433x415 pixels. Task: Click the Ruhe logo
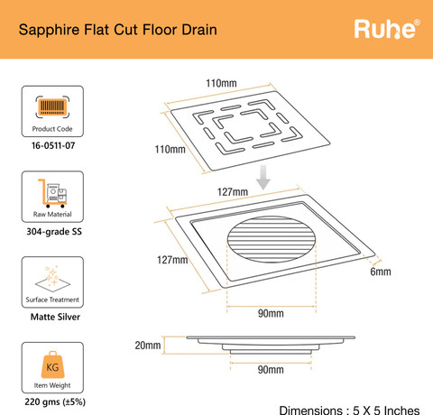pos(387,29)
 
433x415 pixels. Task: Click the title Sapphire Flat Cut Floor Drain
pos(118,30)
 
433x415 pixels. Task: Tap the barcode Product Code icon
pos(52,106)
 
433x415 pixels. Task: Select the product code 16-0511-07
pos(53,145)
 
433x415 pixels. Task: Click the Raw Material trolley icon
pos(52,193)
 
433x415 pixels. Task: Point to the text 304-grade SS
pos(54,232)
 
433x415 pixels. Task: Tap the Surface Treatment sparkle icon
pos(52,279)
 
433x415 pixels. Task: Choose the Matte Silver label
pos(55,317)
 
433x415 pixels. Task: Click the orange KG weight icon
pos(52,364)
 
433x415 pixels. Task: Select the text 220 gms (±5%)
pos(55,401)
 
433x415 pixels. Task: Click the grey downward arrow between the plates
pos(263,178)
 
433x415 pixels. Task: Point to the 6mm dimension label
pos(381,272)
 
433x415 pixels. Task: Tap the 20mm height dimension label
pos(148,346)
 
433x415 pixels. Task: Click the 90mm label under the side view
pos(271,370)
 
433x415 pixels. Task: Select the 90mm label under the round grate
pos(271,313)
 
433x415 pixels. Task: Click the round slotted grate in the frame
pos(272,239)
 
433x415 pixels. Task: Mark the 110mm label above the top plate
pos(221,83)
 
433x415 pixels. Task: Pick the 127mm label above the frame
pos(233,192)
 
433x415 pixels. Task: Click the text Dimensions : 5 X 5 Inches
pos(349,410)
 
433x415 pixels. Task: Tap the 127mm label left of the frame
pos(172,260)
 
